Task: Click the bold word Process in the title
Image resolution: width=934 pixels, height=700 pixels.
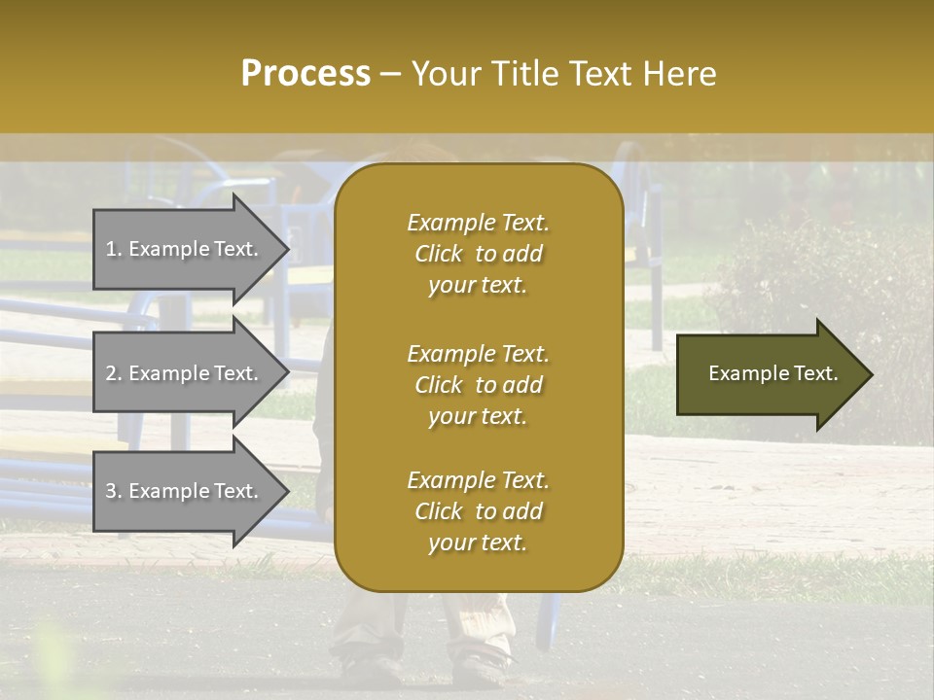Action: coord(305,74)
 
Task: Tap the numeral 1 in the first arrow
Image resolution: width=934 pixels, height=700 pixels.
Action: coord(111,249)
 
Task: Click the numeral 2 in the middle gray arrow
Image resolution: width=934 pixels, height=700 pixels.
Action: coord(111,373)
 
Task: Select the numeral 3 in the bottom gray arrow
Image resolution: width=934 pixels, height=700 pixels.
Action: coord(111,491)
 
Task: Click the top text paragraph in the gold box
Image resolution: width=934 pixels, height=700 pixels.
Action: coord(478,254)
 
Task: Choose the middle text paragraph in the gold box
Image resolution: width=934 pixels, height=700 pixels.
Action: coord(478,385)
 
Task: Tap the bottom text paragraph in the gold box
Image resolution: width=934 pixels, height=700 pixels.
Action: coord(478,511)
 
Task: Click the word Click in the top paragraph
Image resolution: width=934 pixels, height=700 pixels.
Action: coord(439,254)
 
